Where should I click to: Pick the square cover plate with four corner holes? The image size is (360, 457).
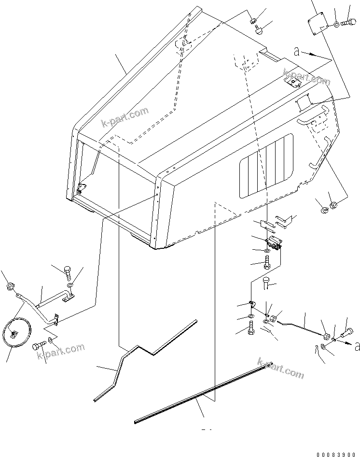coord(317,25)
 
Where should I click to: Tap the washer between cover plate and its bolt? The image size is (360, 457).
coord(335,23)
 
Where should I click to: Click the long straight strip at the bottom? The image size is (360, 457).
coord(203,394)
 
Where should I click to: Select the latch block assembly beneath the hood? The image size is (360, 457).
coord(273,241)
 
